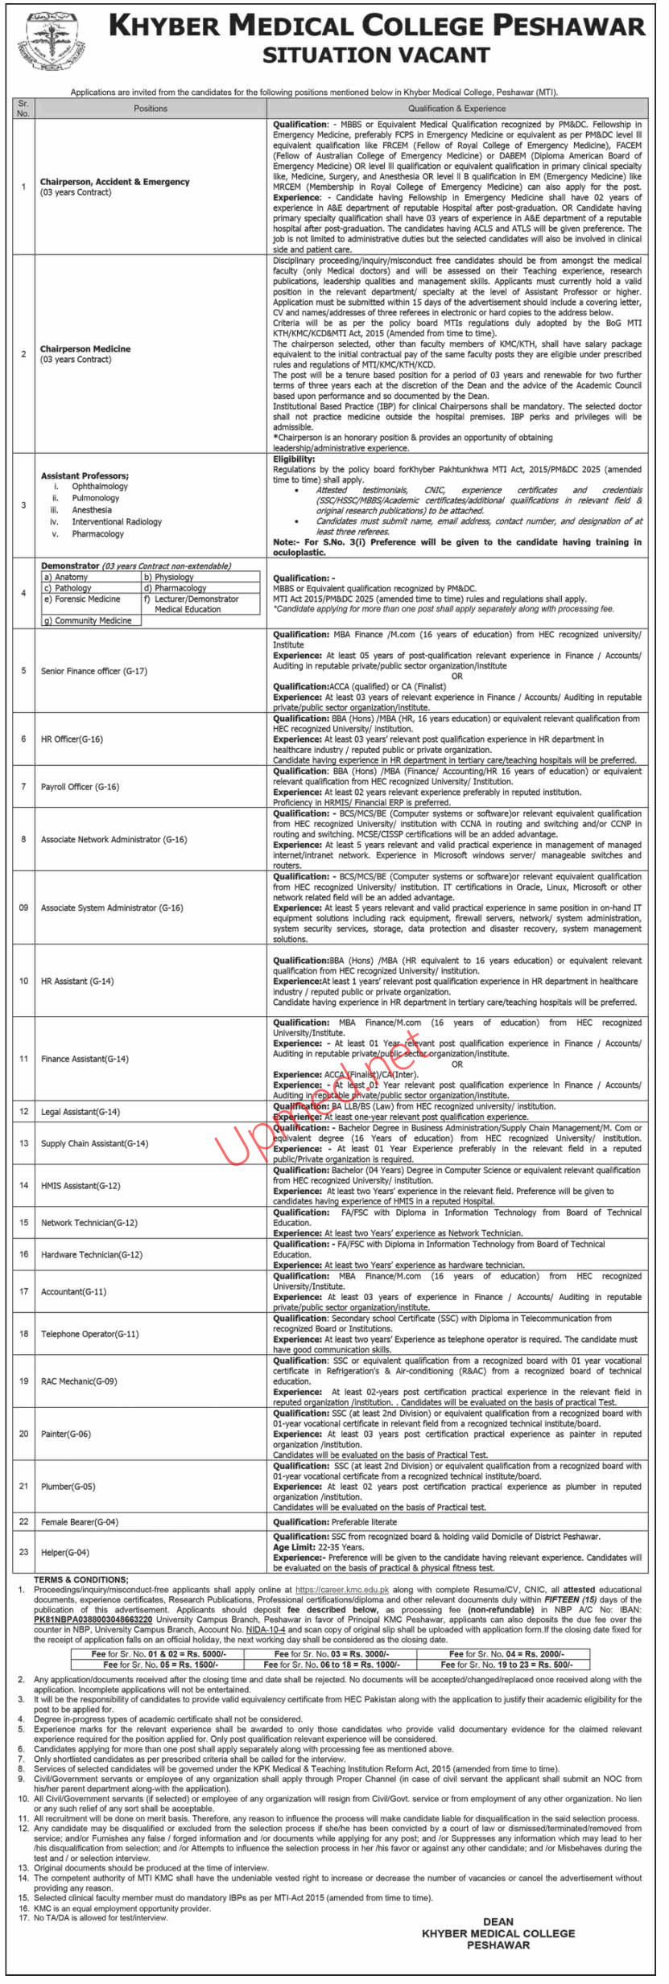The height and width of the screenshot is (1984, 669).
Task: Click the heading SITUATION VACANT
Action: point(376,56)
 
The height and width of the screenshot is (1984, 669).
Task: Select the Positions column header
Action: point(151,108)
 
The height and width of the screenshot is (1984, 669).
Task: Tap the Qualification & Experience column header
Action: point(456,108)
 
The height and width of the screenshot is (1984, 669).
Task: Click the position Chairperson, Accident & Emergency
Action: point(115,182)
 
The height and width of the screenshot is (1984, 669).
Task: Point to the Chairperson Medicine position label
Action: point(85,349)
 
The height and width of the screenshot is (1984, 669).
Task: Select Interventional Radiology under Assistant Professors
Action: point(117,521)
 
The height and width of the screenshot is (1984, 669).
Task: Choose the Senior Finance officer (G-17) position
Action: point(93,670)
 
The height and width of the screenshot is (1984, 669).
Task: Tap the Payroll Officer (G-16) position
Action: point(80,786)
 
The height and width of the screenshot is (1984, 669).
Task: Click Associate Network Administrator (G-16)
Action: point(114,839)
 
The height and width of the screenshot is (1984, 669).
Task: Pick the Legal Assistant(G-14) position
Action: point(81,1111)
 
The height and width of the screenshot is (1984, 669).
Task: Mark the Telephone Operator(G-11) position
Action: point(89,1333)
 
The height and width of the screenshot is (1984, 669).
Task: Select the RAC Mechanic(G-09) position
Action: point(79,1381)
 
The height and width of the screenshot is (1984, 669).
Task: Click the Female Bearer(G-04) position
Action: point(80,1521)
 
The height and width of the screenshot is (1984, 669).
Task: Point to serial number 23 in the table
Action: point(23,1552)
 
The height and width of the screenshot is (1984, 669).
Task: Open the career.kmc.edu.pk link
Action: point(341,1589)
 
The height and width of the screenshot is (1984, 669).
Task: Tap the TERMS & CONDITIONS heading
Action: point(81,1579)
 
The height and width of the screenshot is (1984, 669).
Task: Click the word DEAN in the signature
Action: point(498,1921)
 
